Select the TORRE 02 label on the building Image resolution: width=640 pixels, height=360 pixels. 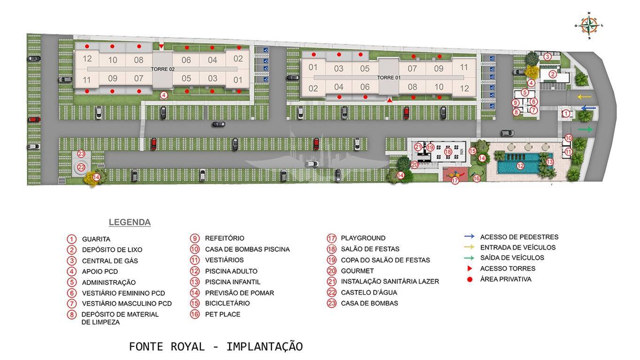click(162, 69)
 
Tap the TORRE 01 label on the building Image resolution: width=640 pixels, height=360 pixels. click(389, 77)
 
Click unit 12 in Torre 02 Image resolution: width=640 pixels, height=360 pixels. click(87, 59)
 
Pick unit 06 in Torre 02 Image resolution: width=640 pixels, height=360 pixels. click(186, 60)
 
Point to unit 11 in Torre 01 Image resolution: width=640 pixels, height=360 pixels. click(464, 67)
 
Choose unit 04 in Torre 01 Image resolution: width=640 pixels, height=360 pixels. click(339, 87)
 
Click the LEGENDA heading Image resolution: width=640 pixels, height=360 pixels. click(130, 222)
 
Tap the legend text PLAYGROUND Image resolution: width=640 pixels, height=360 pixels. click(363, 238)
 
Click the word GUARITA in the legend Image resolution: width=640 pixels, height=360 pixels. click(96, 239)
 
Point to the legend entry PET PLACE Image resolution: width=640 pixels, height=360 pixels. click(223, 314)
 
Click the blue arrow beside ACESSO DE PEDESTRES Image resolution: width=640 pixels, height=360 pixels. click(469, 237)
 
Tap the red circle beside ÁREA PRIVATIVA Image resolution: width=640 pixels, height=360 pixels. click(469, 279)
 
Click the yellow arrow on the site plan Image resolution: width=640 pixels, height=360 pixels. click(584, 97)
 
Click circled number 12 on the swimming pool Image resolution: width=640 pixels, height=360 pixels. click(520, 166)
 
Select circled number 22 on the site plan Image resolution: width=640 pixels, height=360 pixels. click(81, 167)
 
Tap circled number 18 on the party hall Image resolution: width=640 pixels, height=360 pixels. click(448, 152)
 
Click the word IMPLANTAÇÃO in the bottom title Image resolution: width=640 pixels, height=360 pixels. click(264, 347)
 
